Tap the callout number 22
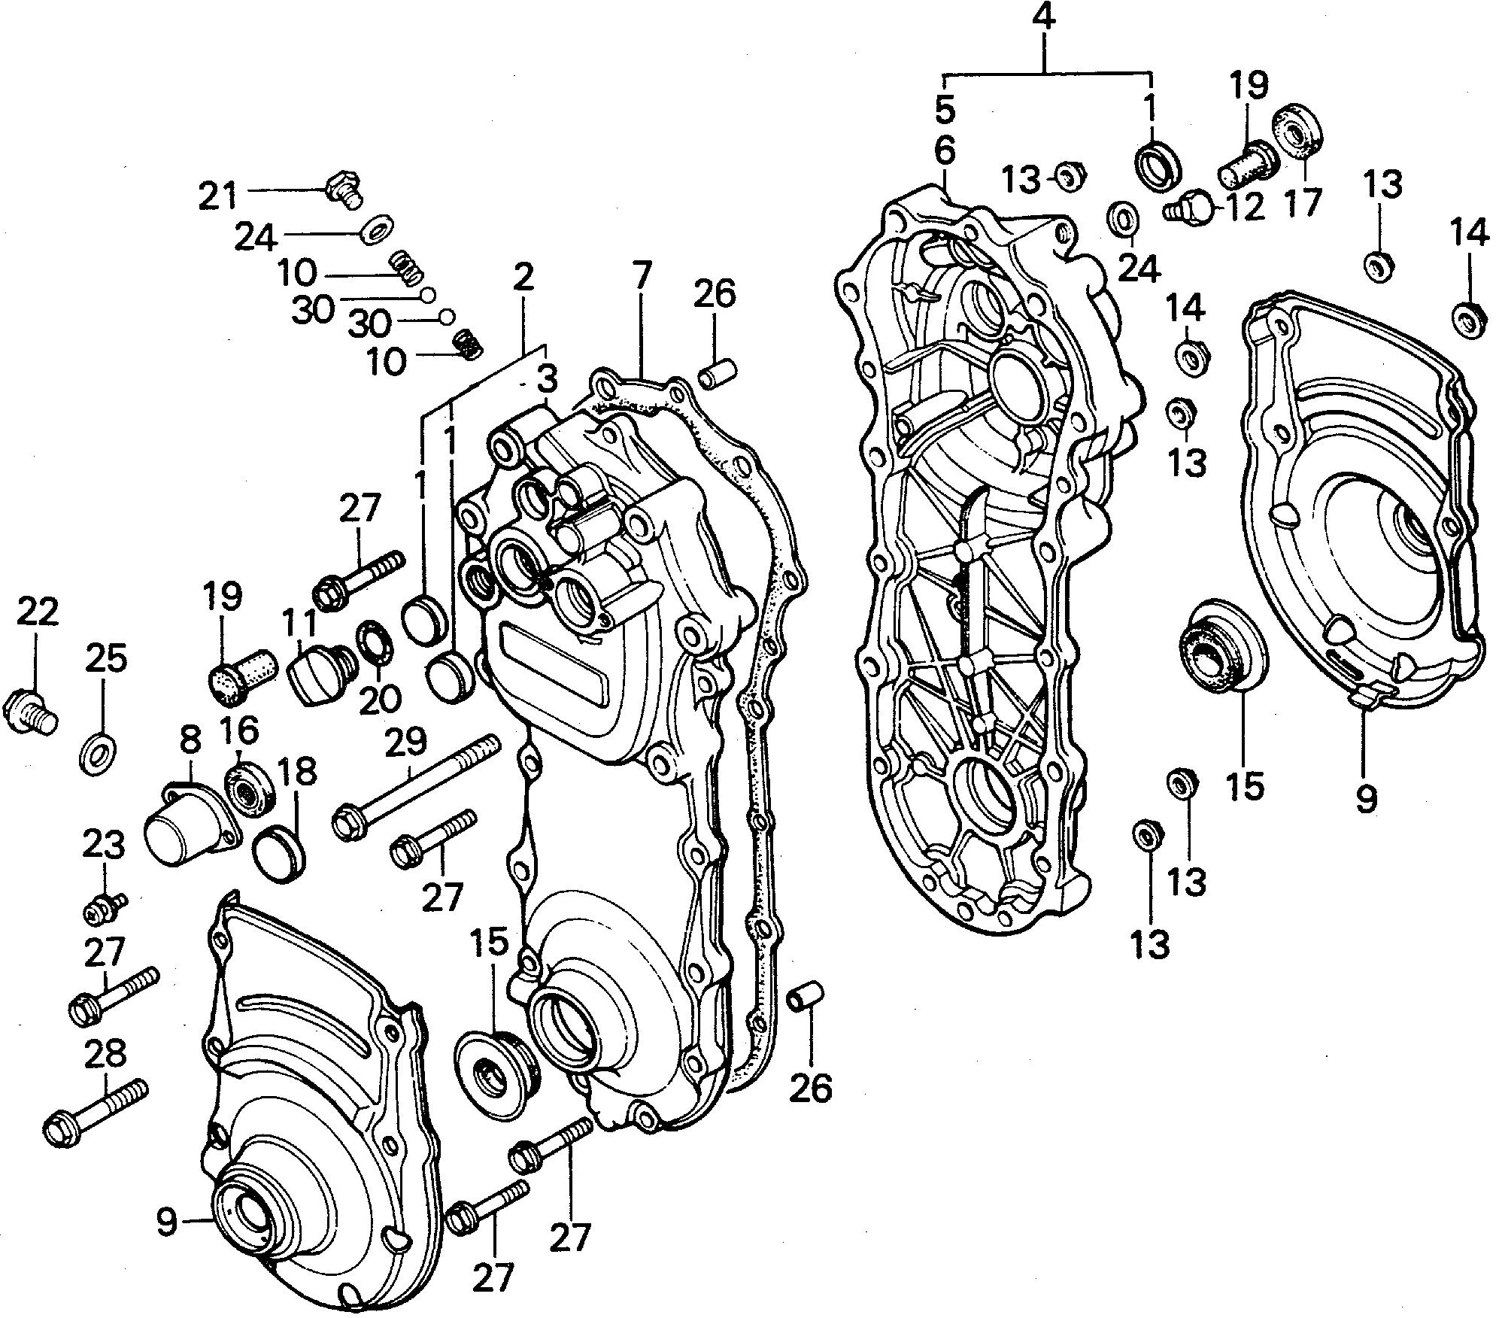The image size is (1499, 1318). pyautogui.click(x=36, y=615)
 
